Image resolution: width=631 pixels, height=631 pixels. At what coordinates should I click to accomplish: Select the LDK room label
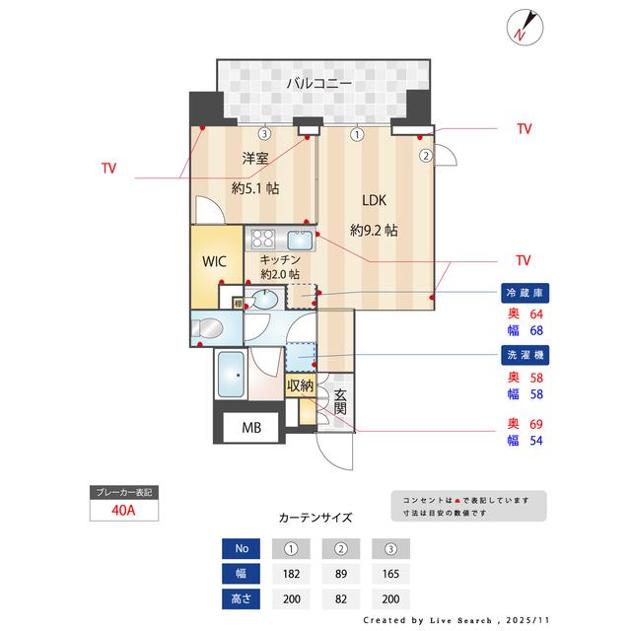coord(374,200)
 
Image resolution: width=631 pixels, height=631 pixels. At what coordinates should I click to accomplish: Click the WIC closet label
coord(216,263)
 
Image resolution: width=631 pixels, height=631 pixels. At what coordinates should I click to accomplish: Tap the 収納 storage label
coord(300,386)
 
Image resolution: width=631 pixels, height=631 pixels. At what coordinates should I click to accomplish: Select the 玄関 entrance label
coord(340,399)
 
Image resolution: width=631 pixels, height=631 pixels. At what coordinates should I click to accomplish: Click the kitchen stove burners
coord(263,238)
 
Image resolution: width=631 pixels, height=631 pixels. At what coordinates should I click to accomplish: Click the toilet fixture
coord(208,326)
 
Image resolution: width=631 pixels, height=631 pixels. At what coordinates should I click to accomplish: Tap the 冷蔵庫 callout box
coord(526,293)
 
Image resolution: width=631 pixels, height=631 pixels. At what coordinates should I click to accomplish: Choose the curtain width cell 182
coord(291,574)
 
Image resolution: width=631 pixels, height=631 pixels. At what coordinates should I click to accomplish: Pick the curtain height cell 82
coord(341,598)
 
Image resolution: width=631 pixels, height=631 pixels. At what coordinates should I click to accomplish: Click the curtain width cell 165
coord(391,574)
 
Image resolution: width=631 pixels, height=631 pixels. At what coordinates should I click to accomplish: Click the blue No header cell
coord(242,549)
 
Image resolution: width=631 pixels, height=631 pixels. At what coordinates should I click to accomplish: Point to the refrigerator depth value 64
coord(536,314)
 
